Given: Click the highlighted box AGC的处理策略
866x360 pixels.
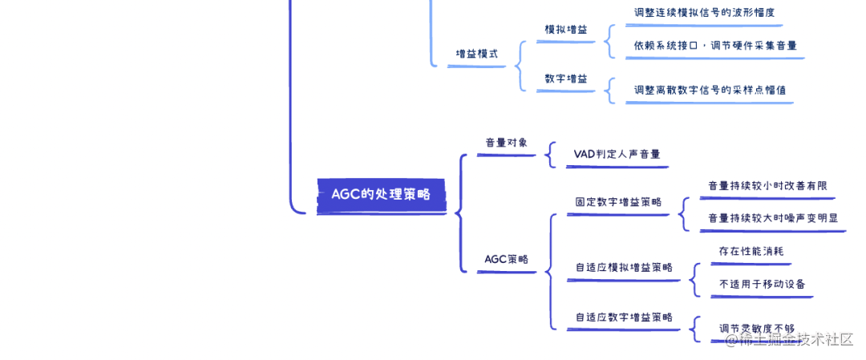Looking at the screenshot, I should [x=381, y=194].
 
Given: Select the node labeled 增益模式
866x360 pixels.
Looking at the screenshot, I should [x=477, y=54].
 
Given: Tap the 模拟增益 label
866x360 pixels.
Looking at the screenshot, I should [x=566, y=30].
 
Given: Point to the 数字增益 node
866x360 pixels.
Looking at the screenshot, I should [x=566, y=79].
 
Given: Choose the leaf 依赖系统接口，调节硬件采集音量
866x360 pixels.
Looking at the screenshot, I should [x=715, y=46].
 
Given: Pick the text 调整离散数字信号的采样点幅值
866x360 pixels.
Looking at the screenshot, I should [x=710, y=90].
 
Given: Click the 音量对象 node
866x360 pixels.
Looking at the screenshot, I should [x=507, y=143].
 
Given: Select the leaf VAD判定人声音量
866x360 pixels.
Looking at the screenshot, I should [x=617, y=154].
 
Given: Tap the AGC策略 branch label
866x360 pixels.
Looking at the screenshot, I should [x=507, y=259].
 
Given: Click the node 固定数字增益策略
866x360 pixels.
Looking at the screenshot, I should [x=618, y=202].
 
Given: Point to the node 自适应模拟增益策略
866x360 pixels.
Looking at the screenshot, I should [x=624, y=267].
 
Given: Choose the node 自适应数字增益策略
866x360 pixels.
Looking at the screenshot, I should [x=624, y=317].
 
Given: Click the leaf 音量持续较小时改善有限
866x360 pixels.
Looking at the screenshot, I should [x=767, y=186].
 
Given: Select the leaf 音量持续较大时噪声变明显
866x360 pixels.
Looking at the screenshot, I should [x=773, y=218].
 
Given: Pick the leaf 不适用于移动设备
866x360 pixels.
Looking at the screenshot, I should [x=763, y=284].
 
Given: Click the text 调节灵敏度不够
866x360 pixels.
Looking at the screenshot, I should [x=757, y=328].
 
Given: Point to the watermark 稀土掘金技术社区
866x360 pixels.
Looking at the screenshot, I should [x=790, y=339].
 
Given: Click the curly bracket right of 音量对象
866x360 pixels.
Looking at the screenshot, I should [x=550, y=154].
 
